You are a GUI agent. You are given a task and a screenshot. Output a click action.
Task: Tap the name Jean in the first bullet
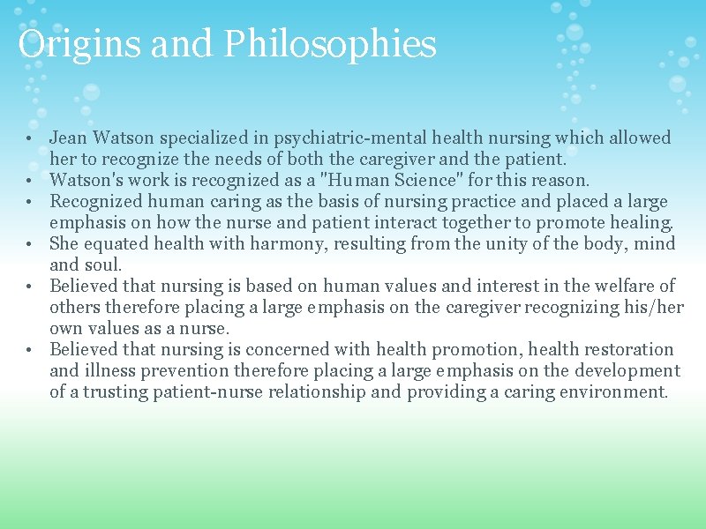point(68,138)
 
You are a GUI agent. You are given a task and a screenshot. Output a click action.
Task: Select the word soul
point(101,265)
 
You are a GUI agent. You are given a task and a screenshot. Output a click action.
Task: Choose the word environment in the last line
point(613,392)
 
